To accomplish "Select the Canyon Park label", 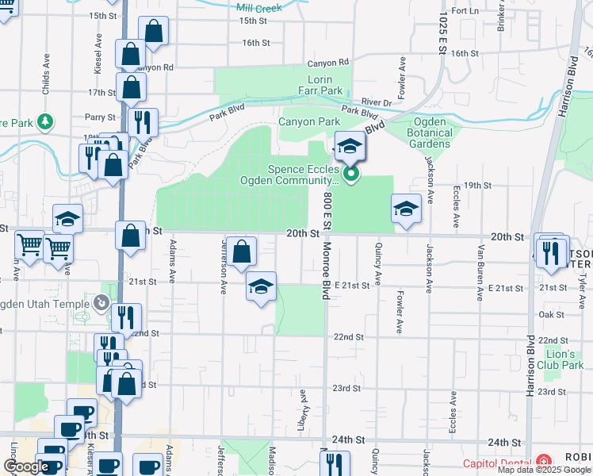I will pyautogui.click(x=308, y=121).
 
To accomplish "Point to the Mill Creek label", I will pyautogui.click(x=258, y=7).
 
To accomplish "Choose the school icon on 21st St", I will pyautogui.click(x=260, y=286).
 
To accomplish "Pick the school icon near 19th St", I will pyautogui.click(x=406, y=209).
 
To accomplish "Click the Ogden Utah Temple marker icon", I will pyautogui.click(x=101, y=302).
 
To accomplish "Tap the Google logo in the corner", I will pyautogui.click(x=26, y=467).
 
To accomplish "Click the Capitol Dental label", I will pyautogui.click(x=497, y=463).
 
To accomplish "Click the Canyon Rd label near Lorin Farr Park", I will pyautogui.click(x=327, y=62).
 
